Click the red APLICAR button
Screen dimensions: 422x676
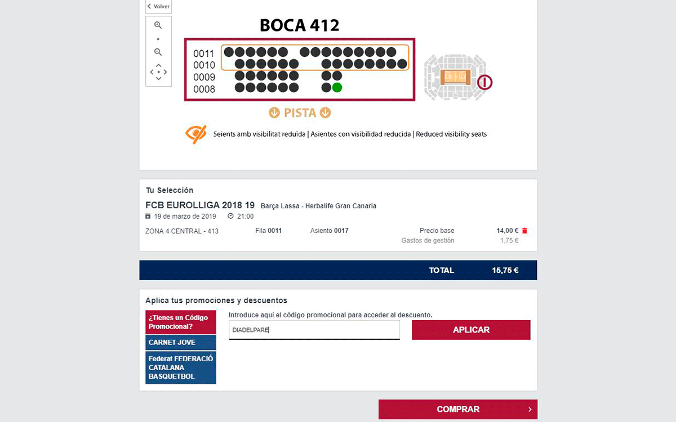point(471,330)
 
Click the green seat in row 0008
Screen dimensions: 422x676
point(337,87)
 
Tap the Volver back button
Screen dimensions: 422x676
point(158,7)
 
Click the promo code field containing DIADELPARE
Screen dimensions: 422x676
point(314,330)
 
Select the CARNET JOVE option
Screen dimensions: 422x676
point(180,342)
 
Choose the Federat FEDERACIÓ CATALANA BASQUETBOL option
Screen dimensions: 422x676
point(180,367)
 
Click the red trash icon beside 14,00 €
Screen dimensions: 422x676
point(525,231)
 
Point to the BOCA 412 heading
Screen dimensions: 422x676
point(299,25)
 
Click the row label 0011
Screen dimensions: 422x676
point(204,53)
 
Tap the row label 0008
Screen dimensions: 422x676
point(204,89)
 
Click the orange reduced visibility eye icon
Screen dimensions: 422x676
point(195,134)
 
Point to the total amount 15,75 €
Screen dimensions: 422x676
point(505,270)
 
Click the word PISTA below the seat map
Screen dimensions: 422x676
point(300,113)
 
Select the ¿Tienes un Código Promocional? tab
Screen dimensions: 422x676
point(180,322)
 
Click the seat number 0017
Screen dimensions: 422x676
point(341,231)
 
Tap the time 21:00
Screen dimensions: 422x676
point(245,216)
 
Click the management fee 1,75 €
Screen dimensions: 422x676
point(509,241)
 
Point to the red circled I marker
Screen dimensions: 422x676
point(485,83)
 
